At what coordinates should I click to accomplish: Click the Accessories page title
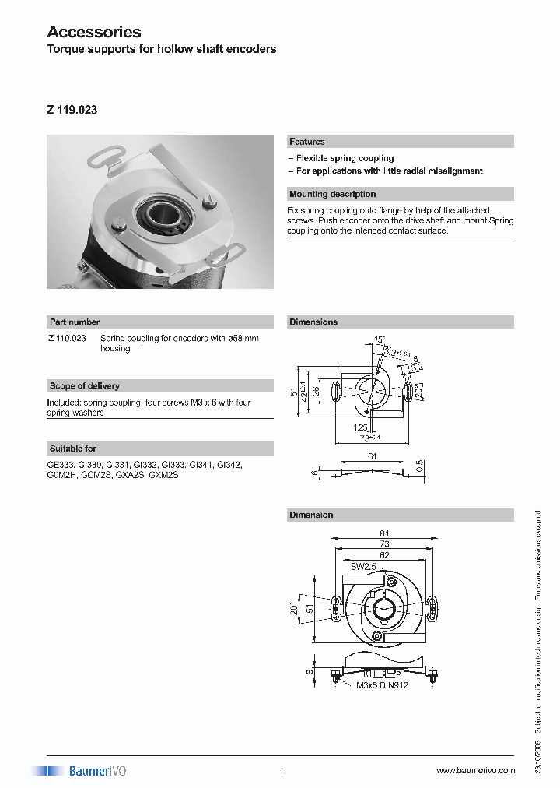(94, 32)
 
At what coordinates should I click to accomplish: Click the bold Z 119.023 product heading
(72, 110)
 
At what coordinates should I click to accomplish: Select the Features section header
(307, 142)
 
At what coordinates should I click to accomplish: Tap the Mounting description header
(332, 194)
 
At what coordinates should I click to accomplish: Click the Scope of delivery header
(84, 385)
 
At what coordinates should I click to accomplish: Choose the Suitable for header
(73, 449)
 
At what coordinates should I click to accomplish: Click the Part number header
(75, 322)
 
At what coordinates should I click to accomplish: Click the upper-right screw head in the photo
(208, 204)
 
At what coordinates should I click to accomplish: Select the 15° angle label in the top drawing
(379, 340)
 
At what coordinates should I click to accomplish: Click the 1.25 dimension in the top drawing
(359, 427)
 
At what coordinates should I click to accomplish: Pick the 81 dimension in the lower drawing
(383, 533)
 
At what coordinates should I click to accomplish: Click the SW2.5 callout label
(362, 568)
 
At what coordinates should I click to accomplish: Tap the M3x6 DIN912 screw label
(382, 685)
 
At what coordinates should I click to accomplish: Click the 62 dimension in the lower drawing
(383, 556)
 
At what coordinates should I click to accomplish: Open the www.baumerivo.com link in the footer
(475, 770)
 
